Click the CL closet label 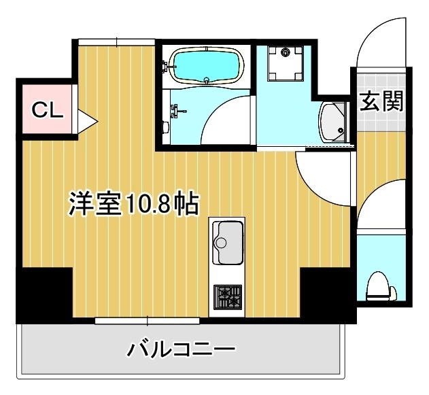tap(48, 109)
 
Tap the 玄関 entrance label tap(381, 101)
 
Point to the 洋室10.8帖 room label tap(133, 204)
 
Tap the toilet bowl tap(381, 286)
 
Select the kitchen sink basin tap(227, 243)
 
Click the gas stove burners tap(228, 297)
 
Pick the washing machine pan tap(286, 63)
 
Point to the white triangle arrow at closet tap(87, 121)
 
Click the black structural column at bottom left tap(45, 295)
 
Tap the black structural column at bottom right tap(328, 295)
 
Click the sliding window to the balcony tap(148, 321)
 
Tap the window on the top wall tap(117, 42)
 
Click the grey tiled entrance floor tap(381, 102)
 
